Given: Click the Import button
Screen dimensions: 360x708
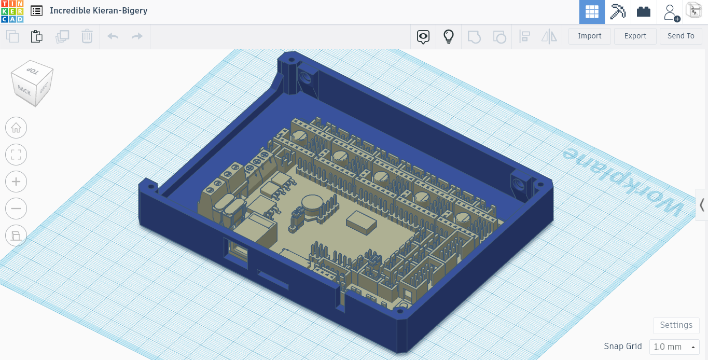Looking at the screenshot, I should pyautogui.click(x=589, y=36).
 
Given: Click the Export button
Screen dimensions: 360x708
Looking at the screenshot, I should pyautogui.click(x=635, y=36).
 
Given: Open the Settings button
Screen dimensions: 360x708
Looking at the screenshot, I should pyautogui.click(x=676, y=325).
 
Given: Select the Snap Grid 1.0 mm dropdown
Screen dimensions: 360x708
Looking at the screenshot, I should pyautogui.click(x=674, y=347).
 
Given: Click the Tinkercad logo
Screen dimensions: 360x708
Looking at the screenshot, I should pyautogui.click(x=12, y=11).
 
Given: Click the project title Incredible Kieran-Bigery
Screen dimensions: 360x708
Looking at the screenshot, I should pyautogui.click(x=99, y=11).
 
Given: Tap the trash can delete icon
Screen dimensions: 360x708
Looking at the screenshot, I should pyautogui.click(x=87, y=36).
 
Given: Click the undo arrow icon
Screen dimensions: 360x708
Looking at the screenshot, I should pyautogui.click(x=113, y=36).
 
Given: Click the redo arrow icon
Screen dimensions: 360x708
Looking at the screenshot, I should pyautogui.click(x=137, y=36).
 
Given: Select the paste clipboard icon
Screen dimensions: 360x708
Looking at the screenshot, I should pyautogui.click(x=36, y=36).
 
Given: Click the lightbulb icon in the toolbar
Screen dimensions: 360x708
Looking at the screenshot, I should pyautogui.click(x=449, y=36).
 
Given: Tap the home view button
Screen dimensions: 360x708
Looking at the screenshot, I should pyautogui.click(x=16, y=128).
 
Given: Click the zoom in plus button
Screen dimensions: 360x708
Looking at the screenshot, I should pyautogui.click(x=16, y=182).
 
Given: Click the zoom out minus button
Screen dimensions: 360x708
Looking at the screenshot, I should pyautogui.click(x=16, y=209).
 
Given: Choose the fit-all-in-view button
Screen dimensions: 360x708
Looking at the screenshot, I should pyautogui.click(x=16, y=155).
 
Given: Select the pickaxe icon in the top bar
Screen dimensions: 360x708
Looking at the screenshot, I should pyautogui.click(x=618, y=11).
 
